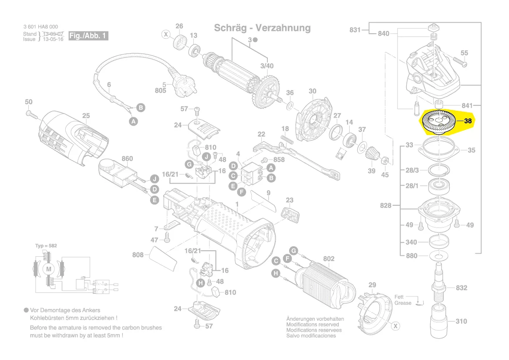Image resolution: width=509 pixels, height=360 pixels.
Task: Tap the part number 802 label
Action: pos(329,259)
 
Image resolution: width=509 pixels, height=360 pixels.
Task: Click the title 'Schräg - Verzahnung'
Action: pos(262,28)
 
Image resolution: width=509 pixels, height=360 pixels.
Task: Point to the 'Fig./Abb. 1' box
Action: pos(88,36)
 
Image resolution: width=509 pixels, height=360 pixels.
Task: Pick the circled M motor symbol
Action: pos(48,269)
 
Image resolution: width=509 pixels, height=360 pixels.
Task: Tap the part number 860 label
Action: pos(127,159)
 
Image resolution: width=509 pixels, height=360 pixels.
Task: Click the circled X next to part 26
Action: pos(166,34)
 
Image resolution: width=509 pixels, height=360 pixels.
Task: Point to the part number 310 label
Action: pos(461,321)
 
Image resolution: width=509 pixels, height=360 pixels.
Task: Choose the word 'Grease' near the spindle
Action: pos(403,303)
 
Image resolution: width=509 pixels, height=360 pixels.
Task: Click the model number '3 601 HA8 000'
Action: pos(40,27)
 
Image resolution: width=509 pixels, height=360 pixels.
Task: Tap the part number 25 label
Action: pos(86,115)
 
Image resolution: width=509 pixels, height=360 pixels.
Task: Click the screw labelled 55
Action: pos(460,62)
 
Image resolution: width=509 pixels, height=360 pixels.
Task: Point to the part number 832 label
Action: pos(462,288)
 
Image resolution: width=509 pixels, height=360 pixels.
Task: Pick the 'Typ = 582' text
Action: pos(46,246)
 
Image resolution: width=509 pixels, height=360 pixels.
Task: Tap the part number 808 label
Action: pos(138,255)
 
